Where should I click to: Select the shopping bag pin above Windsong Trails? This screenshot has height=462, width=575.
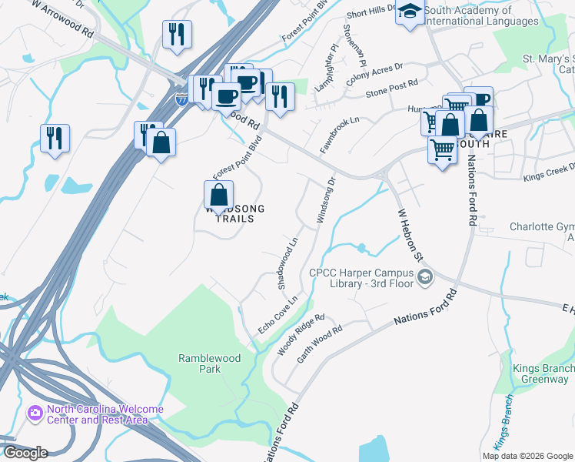click(x=219, y=196)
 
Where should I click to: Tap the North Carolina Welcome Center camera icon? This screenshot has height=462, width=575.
click(x=35, y=413)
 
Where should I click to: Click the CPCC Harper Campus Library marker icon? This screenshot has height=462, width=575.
click(x=425, y=277)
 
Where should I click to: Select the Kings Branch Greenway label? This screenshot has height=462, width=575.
click(x=543, y=373)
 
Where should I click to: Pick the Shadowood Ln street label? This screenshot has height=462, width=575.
click(x=287, y=263)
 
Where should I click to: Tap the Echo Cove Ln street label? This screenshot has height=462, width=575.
click(x=277, y=314)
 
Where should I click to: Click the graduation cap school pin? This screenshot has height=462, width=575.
click(x=410, y=13)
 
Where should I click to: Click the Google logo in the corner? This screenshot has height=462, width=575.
click(x=25, y=453)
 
